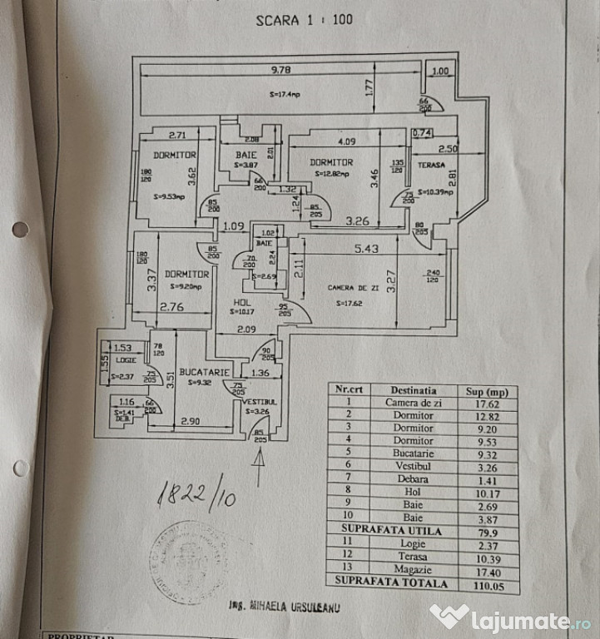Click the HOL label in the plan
(241, 302)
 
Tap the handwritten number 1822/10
(196, 497)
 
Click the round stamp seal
(189, 562)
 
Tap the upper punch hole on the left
(20, 229)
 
